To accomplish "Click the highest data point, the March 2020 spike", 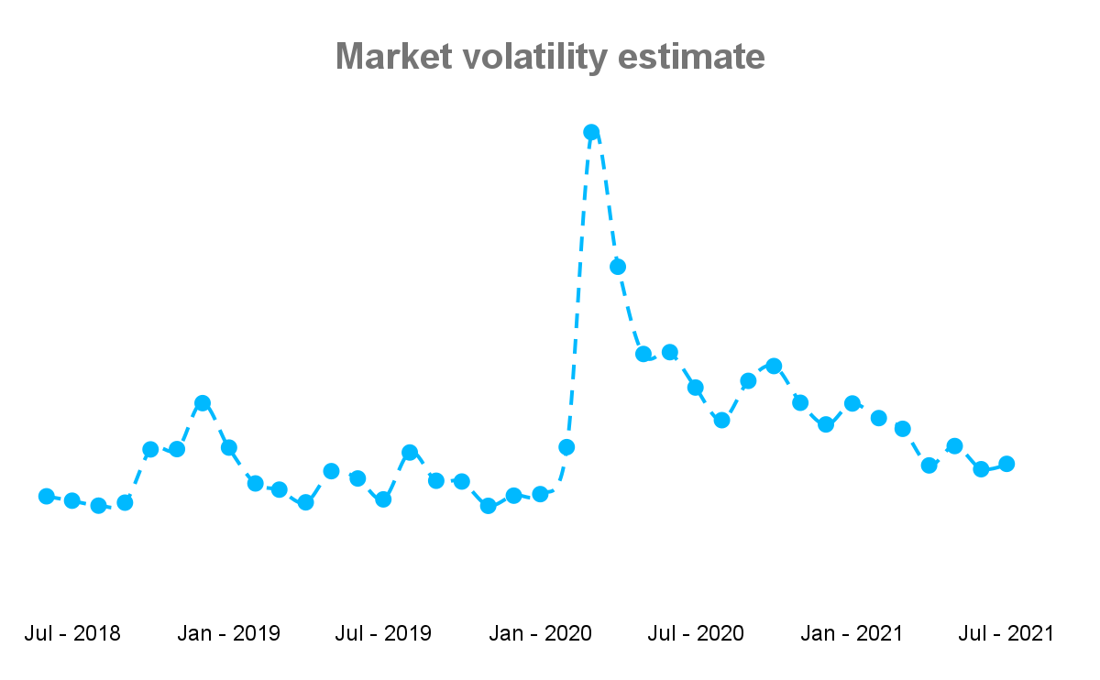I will point(591,132).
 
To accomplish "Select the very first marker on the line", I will point(46,496).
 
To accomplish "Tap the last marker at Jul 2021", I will point(1006,464).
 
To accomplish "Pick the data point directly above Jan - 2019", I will point(229,447).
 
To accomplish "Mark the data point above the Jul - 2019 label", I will point(384,499).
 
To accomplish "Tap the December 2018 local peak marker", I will point(203,403).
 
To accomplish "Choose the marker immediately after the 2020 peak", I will point(618,267).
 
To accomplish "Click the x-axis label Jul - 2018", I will point(72,633).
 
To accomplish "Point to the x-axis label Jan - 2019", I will point(229,633).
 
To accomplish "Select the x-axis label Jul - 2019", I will point(384,633).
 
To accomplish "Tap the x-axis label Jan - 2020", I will point(541,633).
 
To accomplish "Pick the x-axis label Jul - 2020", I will point(696,633).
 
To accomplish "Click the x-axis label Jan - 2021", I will point(852,633).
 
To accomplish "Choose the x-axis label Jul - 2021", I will point(1006,633).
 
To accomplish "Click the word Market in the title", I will point(394,57).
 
